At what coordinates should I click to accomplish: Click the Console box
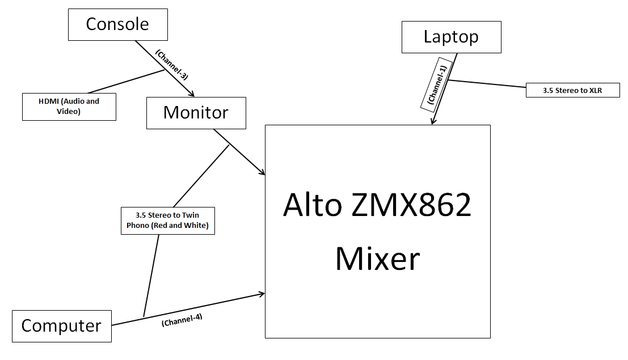coord(117,24)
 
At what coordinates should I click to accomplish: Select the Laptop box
coord(451,37)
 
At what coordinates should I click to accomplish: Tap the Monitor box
coord(196,112)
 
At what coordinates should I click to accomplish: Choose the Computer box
coord(61,326)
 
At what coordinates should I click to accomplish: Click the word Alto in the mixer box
coord(312,205)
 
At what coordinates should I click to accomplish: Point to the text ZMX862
coord(412,205)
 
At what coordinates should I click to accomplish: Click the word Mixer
coord(377,259)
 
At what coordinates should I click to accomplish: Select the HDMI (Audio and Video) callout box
coord(69,107)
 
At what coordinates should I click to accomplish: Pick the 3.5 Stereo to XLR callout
coord(572,90)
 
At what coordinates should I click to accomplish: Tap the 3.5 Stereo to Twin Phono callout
coord(167,221)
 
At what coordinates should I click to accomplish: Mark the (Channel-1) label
coord(437,83)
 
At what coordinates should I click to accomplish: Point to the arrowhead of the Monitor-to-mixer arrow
coord(263,172)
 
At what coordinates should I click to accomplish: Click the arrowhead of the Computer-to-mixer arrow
coord(262,294)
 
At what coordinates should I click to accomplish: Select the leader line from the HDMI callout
coord(125,81)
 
